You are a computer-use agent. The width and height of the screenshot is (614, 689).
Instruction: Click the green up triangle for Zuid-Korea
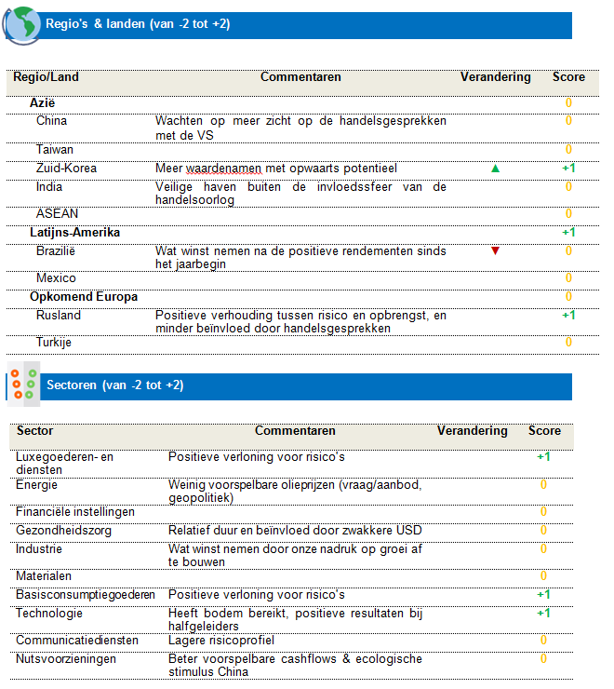tap(495, 169)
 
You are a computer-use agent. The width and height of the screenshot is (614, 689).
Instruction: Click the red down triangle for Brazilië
tap(495, 250)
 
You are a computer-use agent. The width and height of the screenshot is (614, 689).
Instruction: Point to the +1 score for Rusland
tap(568, 316)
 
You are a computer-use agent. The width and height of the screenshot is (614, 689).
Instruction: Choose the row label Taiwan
tap(55, 149)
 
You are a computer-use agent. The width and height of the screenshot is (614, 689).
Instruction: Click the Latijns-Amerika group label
tap(74, 232)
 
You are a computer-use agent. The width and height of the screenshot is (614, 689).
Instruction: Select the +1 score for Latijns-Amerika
tap(568, 232)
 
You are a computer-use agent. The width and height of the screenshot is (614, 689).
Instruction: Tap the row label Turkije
tap(54, 343)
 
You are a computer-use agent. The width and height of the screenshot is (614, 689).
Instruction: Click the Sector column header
tap(35, 431)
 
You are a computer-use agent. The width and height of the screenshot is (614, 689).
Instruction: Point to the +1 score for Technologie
tap(543, 613)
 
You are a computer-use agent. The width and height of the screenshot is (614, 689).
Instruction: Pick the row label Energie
tap(37, 484)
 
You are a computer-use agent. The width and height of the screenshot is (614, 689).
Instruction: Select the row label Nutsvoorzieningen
tap(66, 658)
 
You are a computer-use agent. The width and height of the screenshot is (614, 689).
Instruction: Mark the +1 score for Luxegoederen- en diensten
tap(543, 457)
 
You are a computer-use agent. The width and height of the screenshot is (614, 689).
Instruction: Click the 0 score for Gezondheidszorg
tap(543, 531)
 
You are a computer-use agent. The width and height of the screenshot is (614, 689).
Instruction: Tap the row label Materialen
tap(44, 576)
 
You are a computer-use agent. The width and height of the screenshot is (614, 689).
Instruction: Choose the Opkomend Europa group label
tap(84, 297)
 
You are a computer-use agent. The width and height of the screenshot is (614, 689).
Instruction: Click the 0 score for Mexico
tap(568, 278)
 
